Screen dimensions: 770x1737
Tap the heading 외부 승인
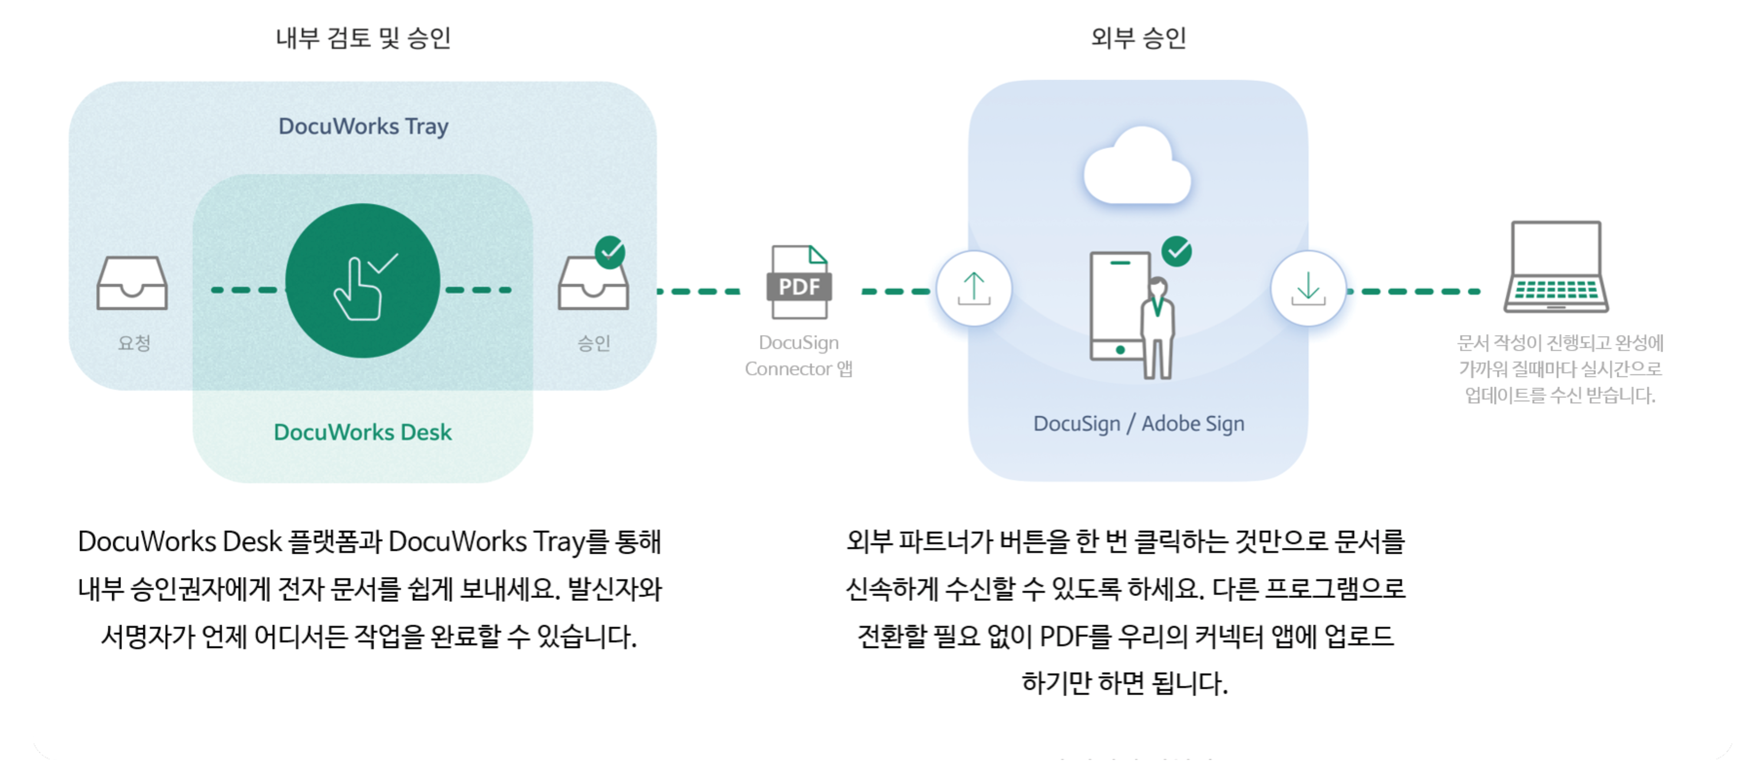[x=1138, y=38]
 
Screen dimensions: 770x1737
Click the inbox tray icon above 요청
[x=132, y=283]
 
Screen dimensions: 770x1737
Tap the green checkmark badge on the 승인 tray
[x=610, y=252]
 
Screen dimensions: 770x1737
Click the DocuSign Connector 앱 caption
[x=799, y=355]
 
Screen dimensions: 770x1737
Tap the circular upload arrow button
[x=973, y=289]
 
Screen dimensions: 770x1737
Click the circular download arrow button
[x=1308, y=289]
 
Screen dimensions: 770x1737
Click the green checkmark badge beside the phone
[x=1177, y=251]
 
